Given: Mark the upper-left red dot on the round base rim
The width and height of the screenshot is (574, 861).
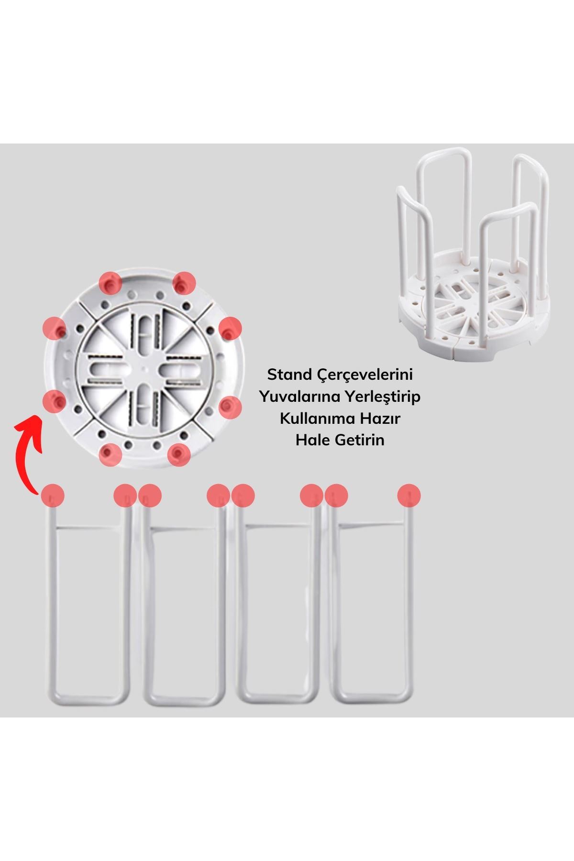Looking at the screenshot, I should tap(110, 283).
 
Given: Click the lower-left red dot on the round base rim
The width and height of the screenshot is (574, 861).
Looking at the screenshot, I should tap(110, 454).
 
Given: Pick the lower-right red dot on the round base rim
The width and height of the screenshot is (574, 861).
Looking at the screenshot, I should tap(179, 454).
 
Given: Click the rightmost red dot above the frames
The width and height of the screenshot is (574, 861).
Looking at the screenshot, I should tap(409, 496).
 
